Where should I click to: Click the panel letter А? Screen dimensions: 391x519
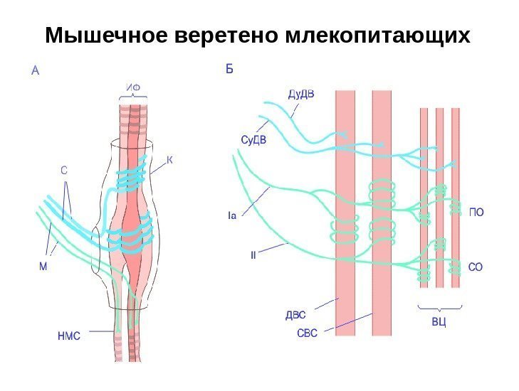tap(36, 70)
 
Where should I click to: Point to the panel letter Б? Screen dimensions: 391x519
tap(229, 69)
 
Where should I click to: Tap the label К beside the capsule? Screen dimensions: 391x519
tap(170, 160)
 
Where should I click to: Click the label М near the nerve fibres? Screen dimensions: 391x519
tap(43, 266)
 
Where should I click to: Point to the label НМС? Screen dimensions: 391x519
tap(68, 336)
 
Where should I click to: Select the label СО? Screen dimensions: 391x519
tap(476, 267)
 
